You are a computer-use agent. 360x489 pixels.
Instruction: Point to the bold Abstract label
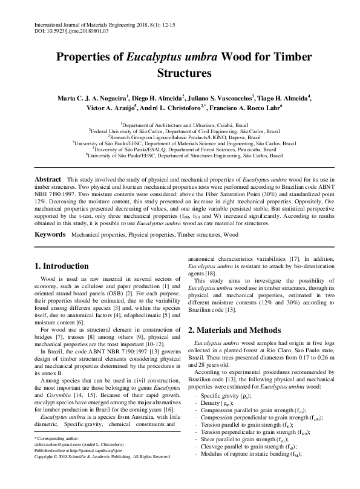click(x=48, y=180)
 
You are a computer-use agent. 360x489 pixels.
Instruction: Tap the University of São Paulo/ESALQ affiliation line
click(x=180, y=149)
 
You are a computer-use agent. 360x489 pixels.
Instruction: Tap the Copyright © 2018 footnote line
click(x=102, y=474)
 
